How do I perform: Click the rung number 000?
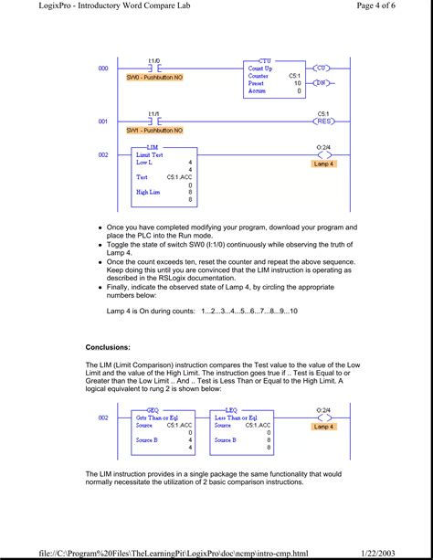(103, 69)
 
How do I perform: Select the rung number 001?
(103, 121)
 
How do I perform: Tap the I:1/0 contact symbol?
(154, 69)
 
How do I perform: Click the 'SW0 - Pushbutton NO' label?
(154, 78)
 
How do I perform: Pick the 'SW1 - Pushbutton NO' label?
(154, 131)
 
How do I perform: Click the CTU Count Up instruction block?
(275, 77)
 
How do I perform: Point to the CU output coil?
(322, 69)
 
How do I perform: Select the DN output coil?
(322, 82)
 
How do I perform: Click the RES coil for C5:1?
(322, 121)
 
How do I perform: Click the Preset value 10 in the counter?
(297, 82)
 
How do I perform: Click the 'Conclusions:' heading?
(108, 347)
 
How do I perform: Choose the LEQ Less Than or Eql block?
(241, 430)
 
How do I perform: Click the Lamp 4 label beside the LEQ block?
(323, 427)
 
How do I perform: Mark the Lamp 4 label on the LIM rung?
(323, 164)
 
